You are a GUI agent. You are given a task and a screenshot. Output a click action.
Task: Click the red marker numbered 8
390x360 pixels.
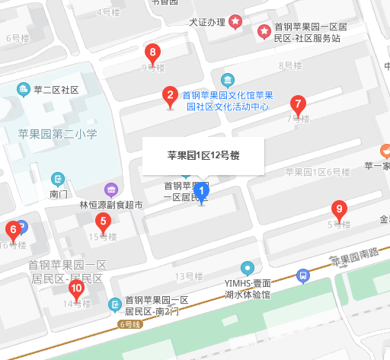click(153, 53)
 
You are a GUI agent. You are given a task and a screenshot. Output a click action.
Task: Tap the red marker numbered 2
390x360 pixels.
click(169, 96)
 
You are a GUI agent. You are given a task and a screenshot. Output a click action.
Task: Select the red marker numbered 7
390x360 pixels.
click(298, 104)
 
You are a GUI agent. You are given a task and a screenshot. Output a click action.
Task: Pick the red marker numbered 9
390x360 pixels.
click(340, 209)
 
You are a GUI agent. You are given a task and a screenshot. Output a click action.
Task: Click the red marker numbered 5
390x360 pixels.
click(102, 222)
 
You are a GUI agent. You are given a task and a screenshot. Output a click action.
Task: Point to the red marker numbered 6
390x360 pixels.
click(12, 229)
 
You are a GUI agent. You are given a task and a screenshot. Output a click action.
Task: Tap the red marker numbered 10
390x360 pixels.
click(76, 288)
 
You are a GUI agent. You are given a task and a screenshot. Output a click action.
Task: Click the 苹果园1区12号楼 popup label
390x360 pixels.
click(203, 155)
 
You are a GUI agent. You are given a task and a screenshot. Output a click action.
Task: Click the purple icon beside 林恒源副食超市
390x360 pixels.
click(111, 190)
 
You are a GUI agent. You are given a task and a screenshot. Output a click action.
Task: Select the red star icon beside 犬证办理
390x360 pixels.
click(236, 21)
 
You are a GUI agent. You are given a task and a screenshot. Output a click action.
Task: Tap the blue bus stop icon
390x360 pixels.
click(303, 275)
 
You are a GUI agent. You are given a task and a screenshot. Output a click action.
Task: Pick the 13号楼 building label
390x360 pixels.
click(186, 276)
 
